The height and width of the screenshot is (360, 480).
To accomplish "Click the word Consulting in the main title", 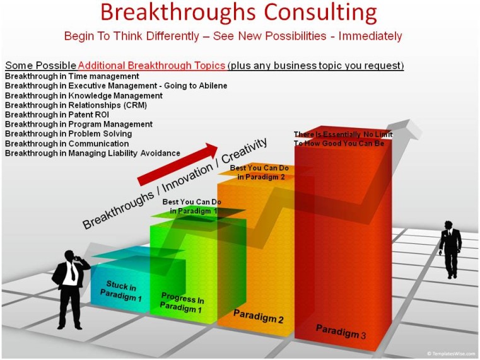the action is pyautogui.click(x=320, y=13).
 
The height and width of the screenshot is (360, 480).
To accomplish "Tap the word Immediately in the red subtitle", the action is pyautogui.click(x=370, y=36).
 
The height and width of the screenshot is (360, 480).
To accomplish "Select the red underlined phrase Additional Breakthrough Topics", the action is pyautogui.click(x=151, y=66).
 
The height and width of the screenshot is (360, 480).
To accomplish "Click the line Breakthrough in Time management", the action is pyautogui.click(x=72, y=76).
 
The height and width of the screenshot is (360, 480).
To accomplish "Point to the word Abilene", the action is pyautogui.click(x=212, y=86).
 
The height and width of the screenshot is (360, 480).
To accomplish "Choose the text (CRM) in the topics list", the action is pyautogui.click(x=136, y=105).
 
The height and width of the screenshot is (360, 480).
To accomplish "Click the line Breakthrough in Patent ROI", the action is pyautogui.click(x=57, y=115).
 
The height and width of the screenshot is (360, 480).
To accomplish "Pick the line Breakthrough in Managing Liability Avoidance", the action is pyautogui.click(x=93, y=153).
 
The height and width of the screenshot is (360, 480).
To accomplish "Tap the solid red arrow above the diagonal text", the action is pyautogui.click(x=177, y=164).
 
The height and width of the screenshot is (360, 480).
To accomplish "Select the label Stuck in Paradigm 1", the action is pyautogui.click(x=121, y=291).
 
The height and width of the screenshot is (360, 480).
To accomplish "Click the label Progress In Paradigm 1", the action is pyautogui.click(x=182, y=303).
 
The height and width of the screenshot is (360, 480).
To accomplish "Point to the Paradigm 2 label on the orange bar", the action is pyautogui.click(x=259, y=316).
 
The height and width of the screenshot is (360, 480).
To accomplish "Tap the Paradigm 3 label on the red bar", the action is pyautogui.click(x=341, y=332).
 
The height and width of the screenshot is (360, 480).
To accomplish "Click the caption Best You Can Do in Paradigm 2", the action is pyautogui.click(x=260, y=172).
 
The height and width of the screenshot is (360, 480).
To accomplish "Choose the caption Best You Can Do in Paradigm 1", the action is pyautogui.click(x=192, y=206).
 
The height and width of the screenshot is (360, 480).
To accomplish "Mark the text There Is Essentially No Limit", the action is pyautogui.click(x=343, y=134).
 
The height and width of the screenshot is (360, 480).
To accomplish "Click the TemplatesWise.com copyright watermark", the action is pyautogui.click(x=451, y=354).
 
